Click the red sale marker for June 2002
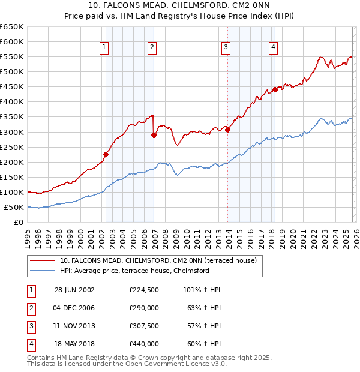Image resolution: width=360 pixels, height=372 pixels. click(x=106, y=154)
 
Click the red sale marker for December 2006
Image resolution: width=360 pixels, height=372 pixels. click(x=154, y=135)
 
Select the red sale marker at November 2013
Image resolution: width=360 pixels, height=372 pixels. click(x=227, y=130)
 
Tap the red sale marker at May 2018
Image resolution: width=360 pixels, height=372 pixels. click(x=275, y=89)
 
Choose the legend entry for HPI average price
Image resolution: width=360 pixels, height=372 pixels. click(x=134, y=271)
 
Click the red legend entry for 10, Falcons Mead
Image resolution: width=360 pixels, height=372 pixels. click(x=158, y=260)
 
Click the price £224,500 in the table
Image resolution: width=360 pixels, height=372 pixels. click(x=143, y=290)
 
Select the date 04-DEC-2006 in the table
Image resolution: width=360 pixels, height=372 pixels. click(x=74, y=308)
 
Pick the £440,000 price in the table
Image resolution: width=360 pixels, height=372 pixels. click(x=143, y=344)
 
